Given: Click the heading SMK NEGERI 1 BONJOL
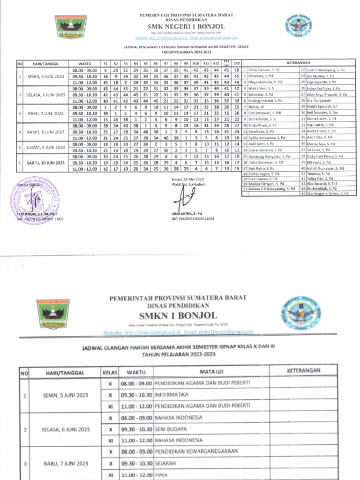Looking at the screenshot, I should pos(180,26).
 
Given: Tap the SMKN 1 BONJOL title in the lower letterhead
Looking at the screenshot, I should pos(180,315).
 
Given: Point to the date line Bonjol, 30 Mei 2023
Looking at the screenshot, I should pos(188,180).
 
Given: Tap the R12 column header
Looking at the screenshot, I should pos(216,63).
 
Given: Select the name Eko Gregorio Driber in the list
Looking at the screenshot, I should pos(328,193).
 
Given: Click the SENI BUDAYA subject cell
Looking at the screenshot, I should pos(171,429).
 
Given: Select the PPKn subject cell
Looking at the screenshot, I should pos(161,475).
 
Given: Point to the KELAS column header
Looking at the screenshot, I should pos(110,373).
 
